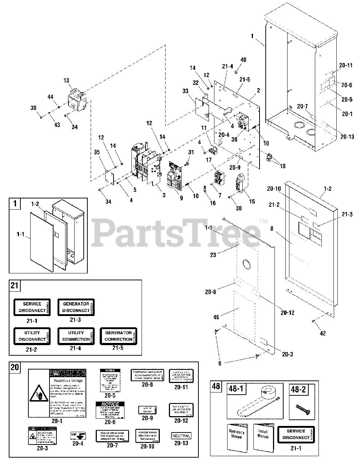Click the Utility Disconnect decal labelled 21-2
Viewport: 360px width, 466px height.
click(32, 336)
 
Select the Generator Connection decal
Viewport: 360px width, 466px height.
click(118, 336)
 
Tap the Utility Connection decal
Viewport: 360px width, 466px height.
click(76, 336)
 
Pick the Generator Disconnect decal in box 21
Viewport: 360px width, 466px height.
click(76, 307)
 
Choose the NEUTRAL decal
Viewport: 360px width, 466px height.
click(181, 435)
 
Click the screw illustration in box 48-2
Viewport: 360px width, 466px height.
click(302, 406)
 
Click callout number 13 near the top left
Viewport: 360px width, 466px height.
click(66, 80)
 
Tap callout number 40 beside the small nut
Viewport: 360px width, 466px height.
click(243, 60)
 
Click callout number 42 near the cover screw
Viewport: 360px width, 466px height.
click(323, 333)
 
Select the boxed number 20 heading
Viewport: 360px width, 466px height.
click(15, 367)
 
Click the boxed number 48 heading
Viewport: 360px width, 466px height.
click(216, 386)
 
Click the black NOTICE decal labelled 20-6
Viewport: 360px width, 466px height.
click(110, 410)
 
